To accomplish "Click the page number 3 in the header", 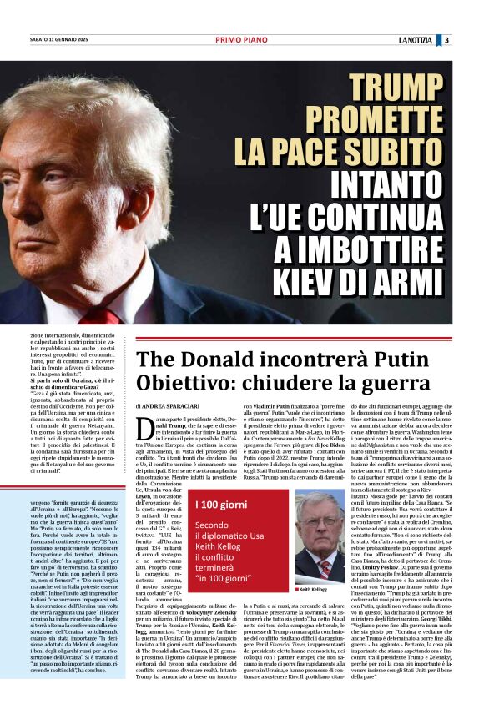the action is [446, 39].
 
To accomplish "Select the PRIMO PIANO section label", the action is [241, 39].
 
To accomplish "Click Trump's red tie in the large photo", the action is [100, 317].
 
